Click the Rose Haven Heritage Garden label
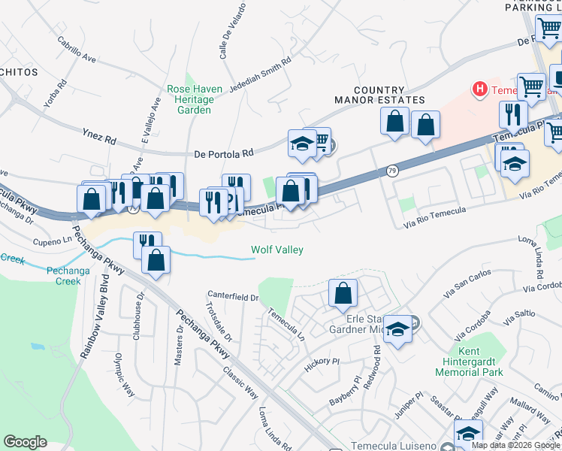pos(195,99)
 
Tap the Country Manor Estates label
pos(379,95)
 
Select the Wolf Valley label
pos(276,250)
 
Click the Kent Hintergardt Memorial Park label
pos(481,362)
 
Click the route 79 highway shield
pos(392,171)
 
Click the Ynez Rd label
pos(100,139)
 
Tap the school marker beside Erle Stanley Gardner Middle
pos(398,329)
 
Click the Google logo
pos(26,442)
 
